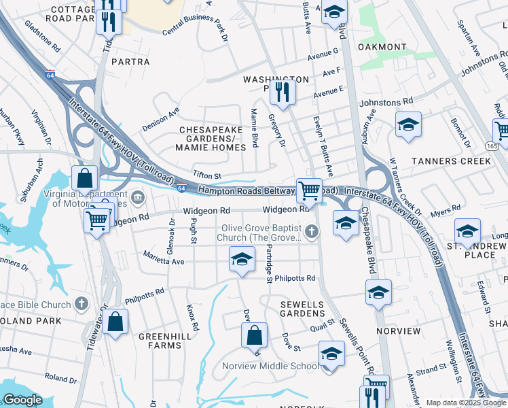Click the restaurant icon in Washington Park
coord(282,92)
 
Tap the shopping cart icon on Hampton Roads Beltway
coord(309,190)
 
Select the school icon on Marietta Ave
coord(242,259)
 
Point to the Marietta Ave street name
coord(164,258)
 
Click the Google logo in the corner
coord(22,400)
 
